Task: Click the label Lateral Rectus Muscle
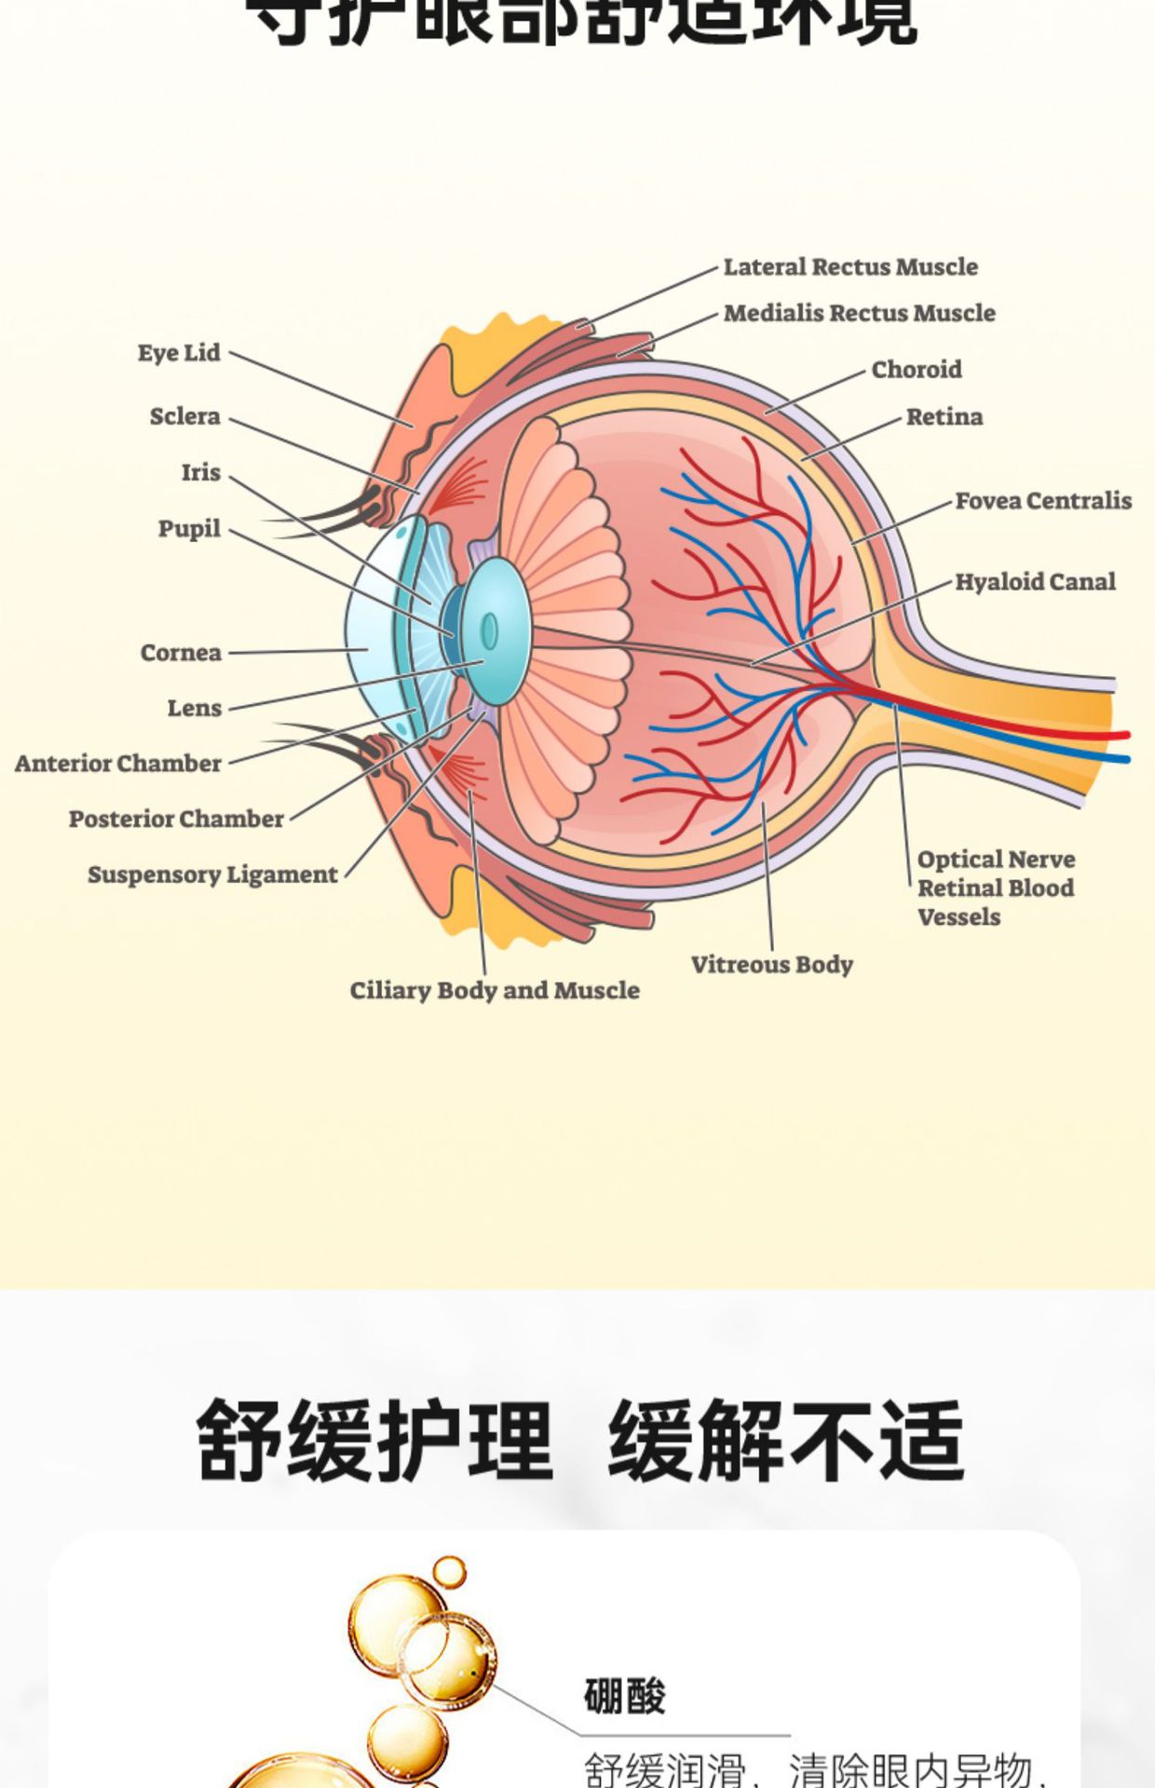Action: point(850,267)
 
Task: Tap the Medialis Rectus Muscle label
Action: point(859,313)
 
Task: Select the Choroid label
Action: point(916,370)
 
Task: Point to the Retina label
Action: point(944,417)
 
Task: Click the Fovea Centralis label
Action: point(1042,501)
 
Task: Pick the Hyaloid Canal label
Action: point(1034,582)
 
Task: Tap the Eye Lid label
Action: point(179,353)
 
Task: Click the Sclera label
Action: point(184,416)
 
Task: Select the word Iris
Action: point(200,472)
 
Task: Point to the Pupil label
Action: point(189,529)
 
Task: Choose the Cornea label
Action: point(181,653)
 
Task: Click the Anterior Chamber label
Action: point(118,764)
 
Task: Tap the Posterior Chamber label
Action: point(176,819)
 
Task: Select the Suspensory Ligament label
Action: point(212,875)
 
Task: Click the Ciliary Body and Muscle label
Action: point(495,991)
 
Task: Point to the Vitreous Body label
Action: point(771,965)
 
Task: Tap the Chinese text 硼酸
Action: point(624,1697)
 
